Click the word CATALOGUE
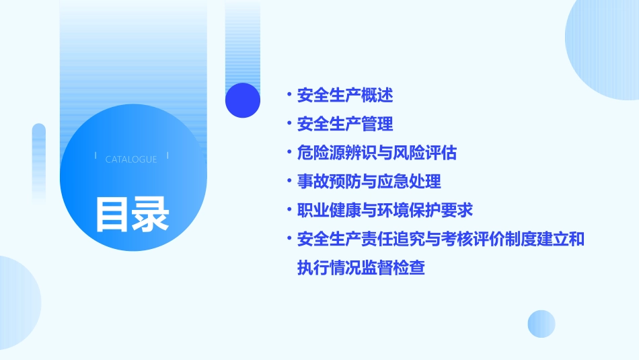click(x=131, y=159)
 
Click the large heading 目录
click(x=131, y=214)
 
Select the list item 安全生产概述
click(x=345, y=96)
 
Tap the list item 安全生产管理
click(x=345, y=124)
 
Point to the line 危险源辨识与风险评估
click(x=377, y=153)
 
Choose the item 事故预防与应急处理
click(x=369, y=182)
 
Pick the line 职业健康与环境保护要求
click(x=385, y=210)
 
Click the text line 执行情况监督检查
click(x=361, y=268)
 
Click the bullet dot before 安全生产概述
click(x=289, y=96)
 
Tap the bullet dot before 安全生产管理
click(x=289, y=124)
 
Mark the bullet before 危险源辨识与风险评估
click(x=289, y=153)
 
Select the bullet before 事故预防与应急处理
click(x=289, y=182)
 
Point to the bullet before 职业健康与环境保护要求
click(x=289, y=210)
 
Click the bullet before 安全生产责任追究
click(x=289, y=239)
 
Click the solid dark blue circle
click(x=243, y=100)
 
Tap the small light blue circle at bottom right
click(x=541, y=324)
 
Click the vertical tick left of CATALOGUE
click(x=96, y=156)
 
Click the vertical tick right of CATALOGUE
click(x=167, y=156)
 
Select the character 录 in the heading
click(x=150, y=214)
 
